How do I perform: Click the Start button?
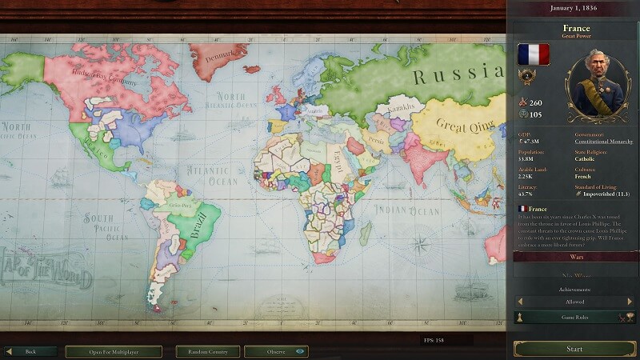574,349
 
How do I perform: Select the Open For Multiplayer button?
114,351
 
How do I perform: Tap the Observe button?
276,351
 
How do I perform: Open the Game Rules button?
574,318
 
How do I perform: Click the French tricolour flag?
533,54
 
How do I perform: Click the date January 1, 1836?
574,8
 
